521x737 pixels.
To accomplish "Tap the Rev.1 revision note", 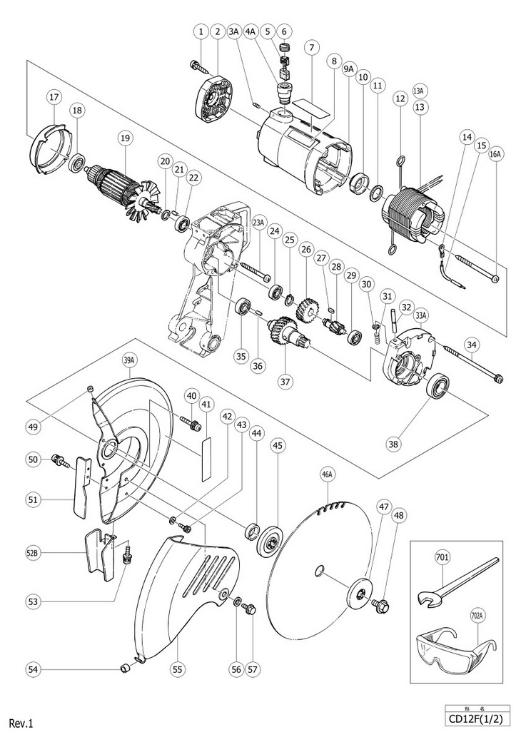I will [21, 723].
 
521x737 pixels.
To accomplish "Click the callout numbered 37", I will [285, 381].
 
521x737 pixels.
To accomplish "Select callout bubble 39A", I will [129, 360].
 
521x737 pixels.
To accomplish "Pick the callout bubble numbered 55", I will [177, 669].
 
